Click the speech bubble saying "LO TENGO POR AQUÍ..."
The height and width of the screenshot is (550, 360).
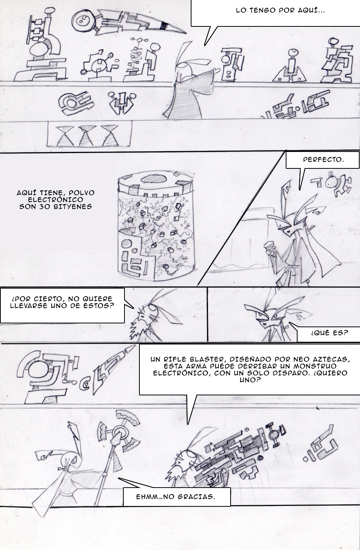275,13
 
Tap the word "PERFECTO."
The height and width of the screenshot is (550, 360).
323,160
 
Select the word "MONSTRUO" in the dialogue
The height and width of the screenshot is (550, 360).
321,366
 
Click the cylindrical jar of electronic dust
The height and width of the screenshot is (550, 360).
155,226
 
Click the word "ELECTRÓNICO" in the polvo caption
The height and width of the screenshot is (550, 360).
55,200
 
